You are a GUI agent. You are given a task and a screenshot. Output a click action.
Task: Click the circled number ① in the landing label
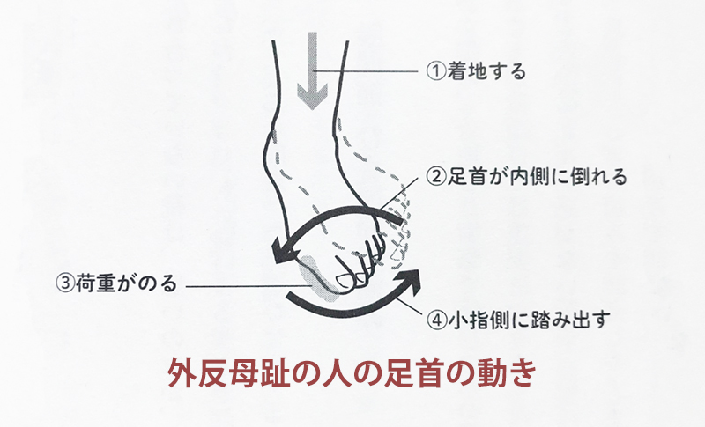(435, 71)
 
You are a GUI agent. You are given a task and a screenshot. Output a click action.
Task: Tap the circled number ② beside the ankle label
(435, 177)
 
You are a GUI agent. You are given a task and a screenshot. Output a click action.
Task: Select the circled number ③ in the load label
(65, 283)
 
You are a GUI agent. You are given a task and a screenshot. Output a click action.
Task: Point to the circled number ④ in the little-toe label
(435, 320)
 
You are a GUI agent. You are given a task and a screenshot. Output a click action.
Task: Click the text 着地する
(486, 71)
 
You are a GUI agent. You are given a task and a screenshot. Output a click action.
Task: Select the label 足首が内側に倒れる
(537, 177)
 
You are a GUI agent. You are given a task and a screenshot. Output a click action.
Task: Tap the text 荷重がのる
(126, 283)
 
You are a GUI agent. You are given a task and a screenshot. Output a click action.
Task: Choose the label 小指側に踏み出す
(528, 320)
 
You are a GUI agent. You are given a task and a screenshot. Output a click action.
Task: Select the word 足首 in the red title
(415, 373)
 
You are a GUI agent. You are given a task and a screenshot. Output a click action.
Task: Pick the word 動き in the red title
(507, 373)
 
